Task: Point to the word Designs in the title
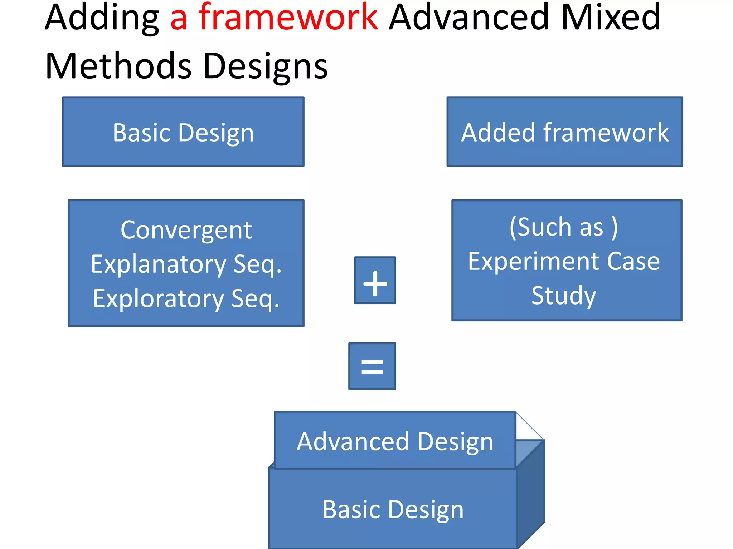265,66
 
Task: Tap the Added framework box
565,132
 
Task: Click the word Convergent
186,230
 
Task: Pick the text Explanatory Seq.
186,264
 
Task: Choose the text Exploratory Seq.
186,298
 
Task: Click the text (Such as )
564,227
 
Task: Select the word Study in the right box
564,296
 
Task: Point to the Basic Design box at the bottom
393,509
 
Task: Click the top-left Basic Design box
183,132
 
